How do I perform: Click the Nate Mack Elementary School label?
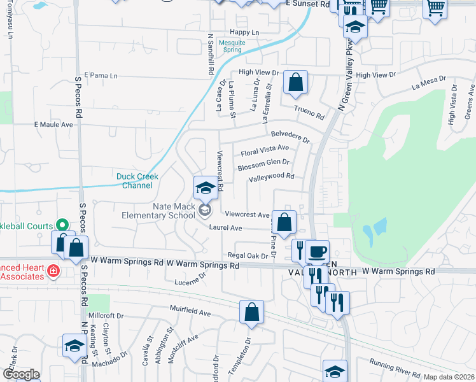click(x=158, y=211)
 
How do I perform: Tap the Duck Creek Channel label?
click(x=137, y=181)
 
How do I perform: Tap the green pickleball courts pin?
click(x=62, y=224)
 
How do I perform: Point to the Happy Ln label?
click(x=245, y=32)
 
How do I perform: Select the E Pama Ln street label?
click(x=101, y=76)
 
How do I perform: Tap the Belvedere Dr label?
click(x=290, y=136)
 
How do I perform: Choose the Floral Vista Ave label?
click(x=265, y=151)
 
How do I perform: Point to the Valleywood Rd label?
click(x=271, y=178)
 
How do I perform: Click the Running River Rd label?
click(x=396, y=369)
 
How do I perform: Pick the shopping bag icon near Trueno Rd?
click(x=295, y=82)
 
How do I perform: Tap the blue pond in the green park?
click(x=375, y=229)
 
